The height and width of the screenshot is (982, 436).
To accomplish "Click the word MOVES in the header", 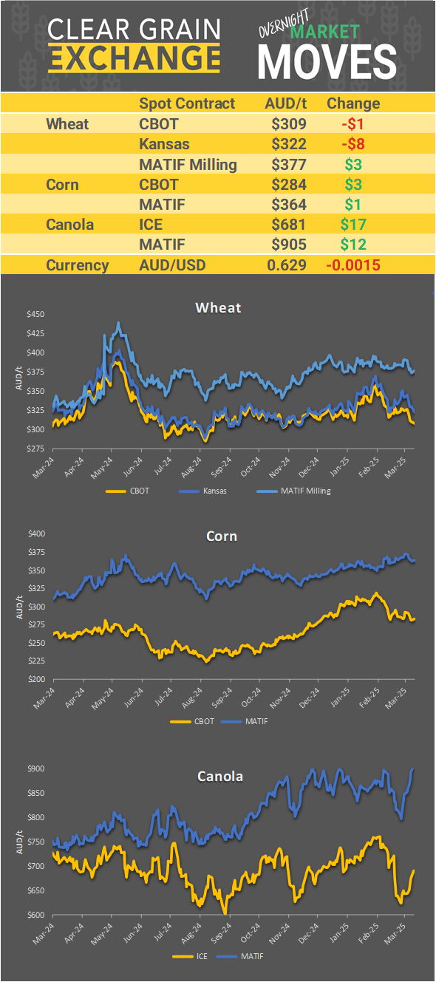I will [x=327, y=61].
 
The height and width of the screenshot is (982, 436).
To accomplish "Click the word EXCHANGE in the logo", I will [x=134, y=58].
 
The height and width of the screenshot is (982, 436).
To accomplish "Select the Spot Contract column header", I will [x=187, y=103].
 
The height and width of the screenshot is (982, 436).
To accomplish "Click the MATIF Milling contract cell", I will [x=188, y=164].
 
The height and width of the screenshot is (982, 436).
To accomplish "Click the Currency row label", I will [x=78, y=265].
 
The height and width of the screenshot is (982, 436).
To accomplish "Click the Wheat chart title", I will [x=218, y=307].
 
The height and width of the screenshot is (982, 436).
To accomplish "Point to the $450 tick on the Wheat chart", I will [x=35, y=315].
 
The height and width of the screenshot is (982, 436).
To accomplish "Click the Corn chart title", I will [x=221, y=536].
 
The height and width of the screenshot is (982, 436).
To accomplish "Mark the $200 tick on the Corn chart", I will [x=35, y=679].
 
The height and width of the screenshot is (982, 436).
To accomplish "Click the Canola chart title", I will [x=219, y=776].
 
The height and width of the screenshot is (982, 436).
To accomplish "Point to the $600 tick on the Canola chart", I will [x=35, y=915].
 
